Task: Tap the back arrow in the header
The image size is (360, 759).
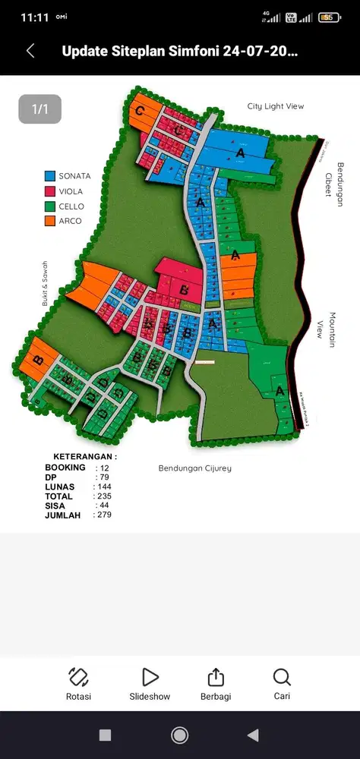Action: tap(30, 51)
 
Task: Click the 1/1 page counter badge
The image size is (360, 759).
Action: tap(39, 109)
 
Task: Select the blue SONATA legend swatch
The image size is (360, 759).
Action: tap(50, 176)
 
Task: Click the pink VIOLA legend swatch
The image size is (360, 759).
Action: tap(50, 191)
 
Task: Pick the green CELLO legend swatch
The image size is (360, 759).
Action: tap(50, 206)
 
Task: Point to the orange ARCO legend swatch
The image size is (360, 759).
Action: tap(50, 221)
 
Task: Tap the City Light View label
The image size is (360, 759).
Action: tap(275, 106)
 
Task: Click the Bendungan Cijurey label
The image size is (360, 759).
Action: tap(194, 468)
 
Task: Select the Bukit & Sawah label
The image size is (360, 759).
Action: tap(45, 282)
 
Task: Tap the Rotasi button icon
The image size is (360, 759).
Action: tap(79, 677)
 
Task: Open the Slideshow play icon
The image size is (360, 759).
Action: tap(150, 677)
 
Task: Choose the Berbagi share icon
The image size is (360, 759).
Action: tap(216, 677)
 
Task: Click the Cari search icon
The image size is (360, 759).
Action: tap(282, 677)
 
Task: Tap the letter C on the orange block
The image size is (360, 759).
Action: tap(140, 111)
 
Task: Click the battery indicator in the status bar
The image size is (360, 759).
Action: tap(329, 17)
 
